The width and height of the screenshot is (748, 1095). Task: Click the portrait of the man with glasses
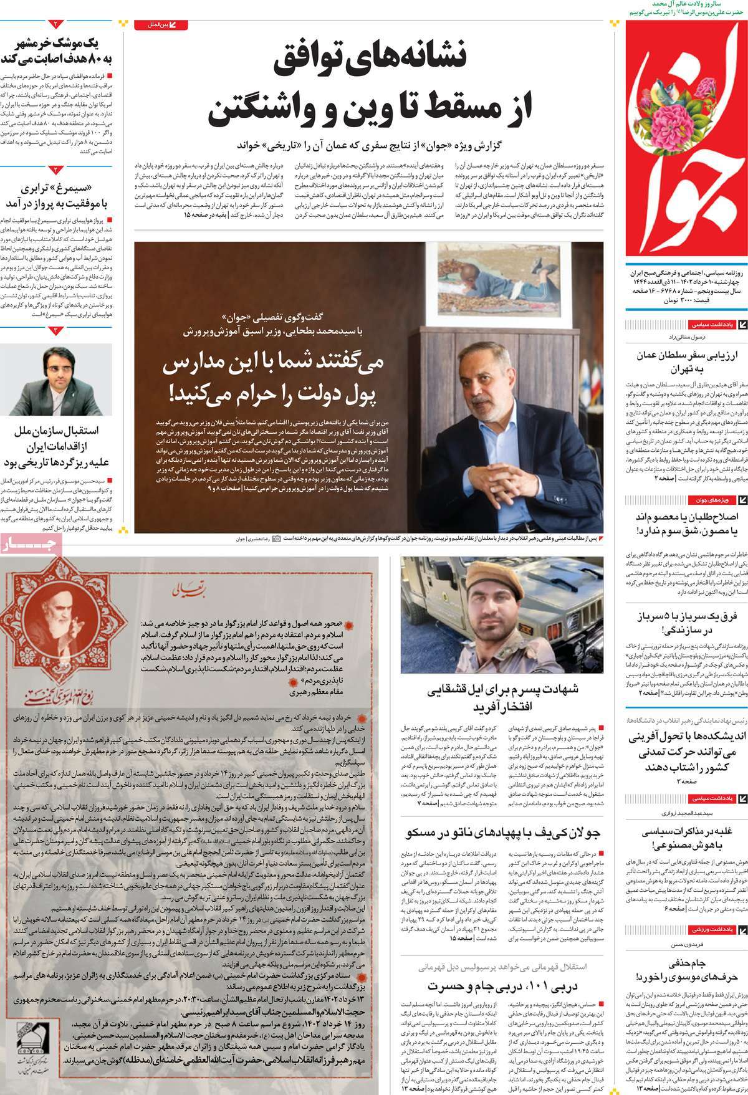tap(55, 380)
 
